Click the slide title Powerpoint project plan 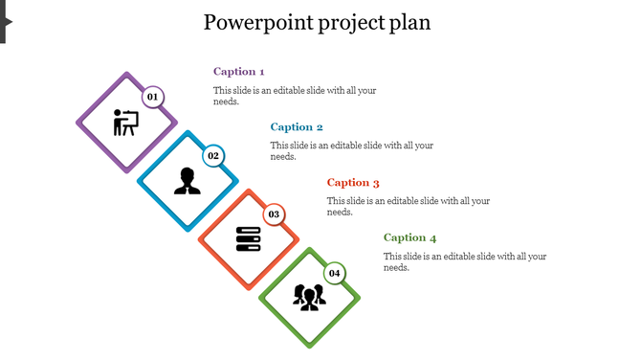tap(317, 22)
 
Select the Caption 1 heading tap(238, 72)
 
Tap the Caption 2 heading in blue tap(297, 127)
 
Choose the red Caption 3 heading tap(353, 183)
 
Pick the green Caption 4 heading tap(409, 238)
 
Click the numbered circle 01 tap(152, 97)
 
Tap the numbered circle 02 tap(213, 156)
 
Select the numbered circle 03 tap(274, 214)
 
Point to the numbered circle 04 tap(334, 273)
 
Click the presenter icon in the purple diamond tap(125, 123)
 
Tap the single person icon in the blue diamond tap(187, 181)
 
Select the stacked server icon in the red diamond tap(248, 239)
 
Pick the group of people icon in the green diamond tap(309, 298)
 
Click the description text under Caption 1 tap(295, 96)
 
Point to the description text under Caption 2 tap(351, 151)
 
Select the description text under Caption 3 tap(408, 207)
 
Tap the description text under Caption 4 tap(464, 262)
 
